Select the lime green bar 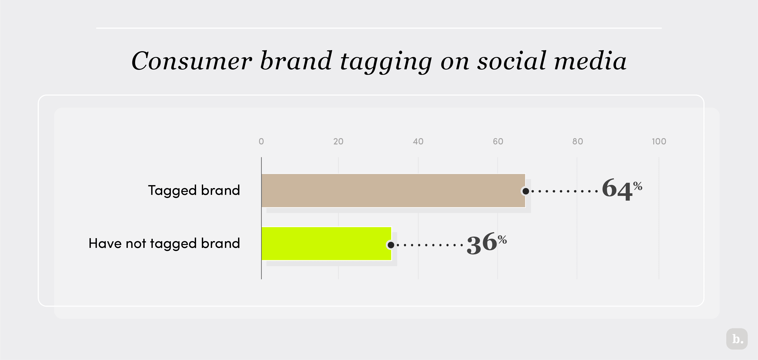[x=326, y=243]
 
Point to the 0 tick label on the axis [x=261, y=142]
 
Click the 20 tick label [x=338, y=142]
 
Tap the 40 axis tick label [x=418, y=142]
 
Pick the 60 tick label [x=498, y=142]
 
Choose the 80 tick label [x=577, y=142]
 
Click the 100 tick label [x=659, y=142]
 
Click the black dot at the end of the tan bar [x=526, y=191]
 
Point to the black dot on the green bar [x=391, y=245]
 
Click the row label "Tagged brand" [x=194, y=190]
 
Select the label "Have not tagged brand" [x=164, y=244]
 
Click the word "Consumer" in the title [x=192, y=61]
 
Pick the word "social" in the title [x=512, y=61]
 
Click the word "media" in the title [x=590, y=61]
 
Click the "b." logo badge [x=737, y=339]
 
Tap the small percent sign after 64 [x=638, y=186]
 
